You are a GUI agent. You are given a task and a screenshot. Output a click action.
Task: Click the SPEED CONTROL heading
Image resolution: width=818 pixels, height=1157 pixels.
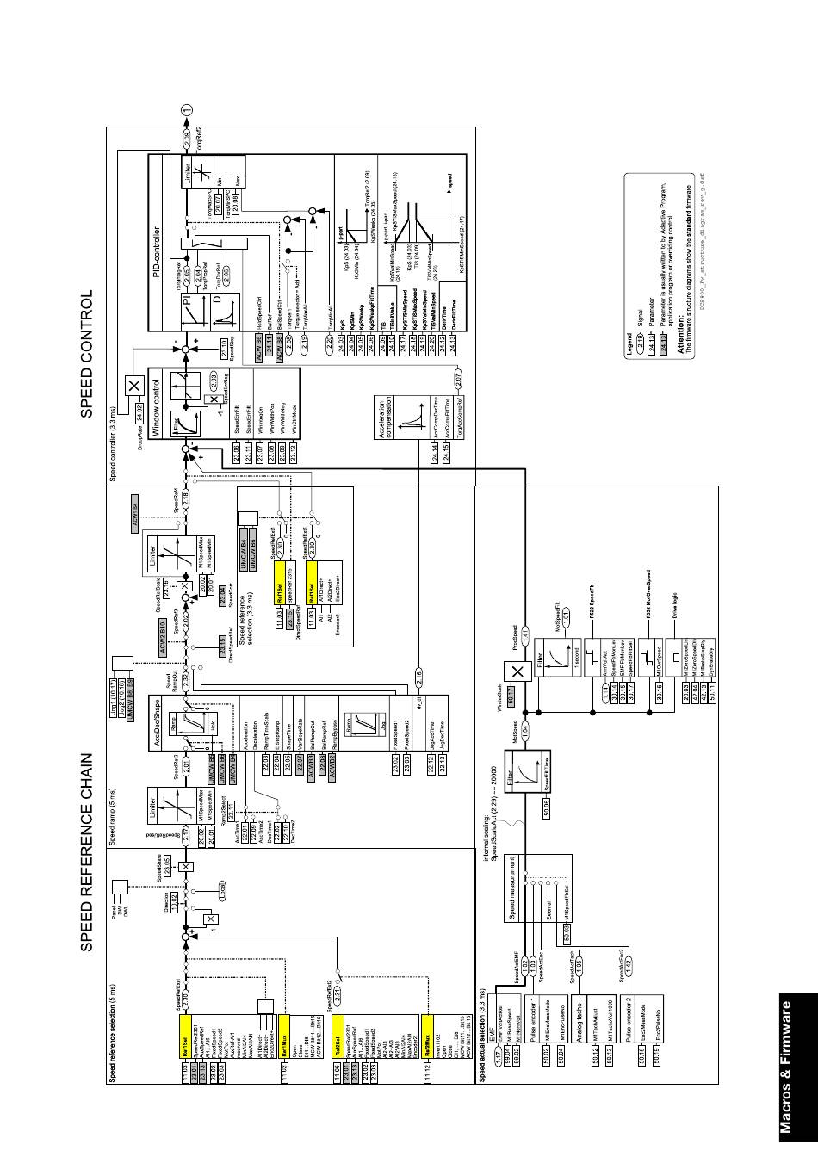[x=87, y=354]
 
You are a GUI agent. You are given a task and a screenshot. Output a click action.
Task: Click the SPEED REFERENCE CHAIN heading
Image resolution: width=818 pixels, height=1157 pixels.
[x=87, y=853]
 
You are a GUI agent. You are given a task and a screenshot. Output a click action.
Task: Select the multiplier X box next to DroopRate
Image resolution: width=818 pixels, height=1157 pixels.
[x=133, y=387]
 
